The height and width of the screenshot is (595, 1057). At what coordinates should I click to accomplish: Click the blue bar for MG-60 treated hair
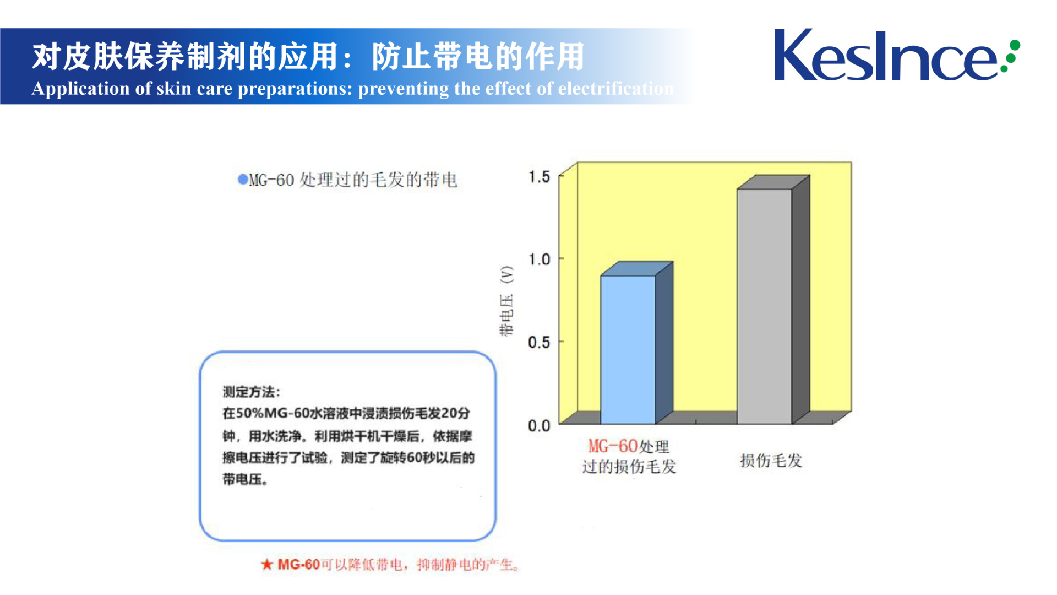click(628, 349)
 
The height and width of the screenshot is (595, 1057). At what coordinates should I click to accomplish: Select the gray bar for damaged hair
click(765, 306)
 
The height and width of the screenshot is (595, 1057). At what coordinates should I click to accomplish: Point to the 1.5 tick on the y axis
click(539, 177)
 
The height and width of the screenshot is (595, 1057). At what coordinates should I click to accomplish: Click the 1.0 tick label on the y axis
click(539, 259)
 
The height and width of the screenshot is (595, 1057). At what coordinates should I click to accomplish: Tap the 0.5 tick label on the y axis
click(539, 342)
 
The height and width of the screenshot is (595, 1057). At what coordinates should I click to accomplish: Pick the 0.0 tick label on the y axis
click(539, 425)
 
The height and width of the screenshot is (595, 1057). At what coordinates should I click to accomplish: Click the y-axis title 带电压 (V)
click(506, 301)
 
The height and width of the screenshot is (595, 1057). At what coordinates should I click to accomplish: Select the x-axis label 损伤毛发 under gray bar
click(771, 461)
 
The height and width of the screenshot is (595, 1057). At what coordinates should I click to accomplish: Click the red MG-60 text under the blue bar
click(612, 446)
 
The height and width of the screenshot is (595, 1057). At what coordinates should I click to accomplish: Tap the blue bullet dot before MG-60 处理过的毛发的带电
click(243, 179)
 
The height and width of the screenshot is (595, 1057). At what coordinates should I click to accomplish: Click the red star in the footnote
click(267, 564)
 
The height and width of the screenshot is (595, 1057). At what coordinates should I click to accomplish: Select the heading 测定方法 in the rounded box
click(249, 392)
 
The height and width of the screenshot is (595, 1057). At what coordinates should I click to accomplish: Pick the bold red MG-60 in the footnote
click(298, 564)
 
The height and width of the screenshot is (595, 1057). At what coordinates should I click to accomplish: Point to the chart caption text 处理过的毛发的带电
click(379, 180)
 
